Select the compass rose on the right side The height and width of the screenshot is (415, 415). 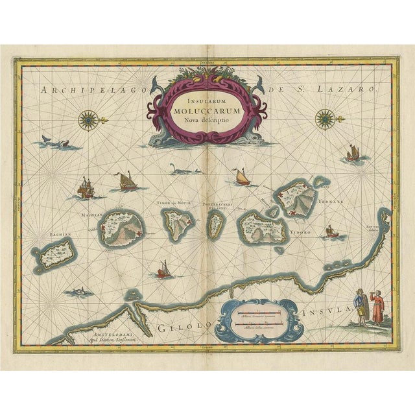[x=324, y=119]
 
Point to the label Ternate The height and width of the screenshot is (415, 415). [x=331, y=202]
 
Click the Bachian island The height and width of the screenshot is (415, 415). [x=56, y=253]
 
